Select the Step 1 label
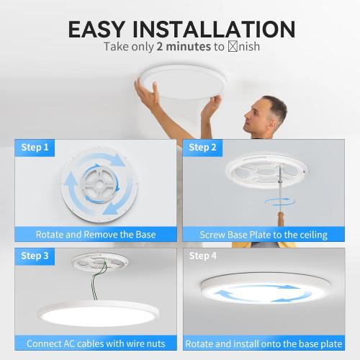click(35, 148)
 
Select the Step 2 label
click(203, 148)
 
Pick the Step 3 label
click(35, 256)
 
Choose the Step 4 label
click(203, 256)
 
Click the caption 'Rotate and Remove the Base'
click(96, 234)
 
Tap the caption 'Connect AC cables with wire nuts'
click(96, 343)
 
